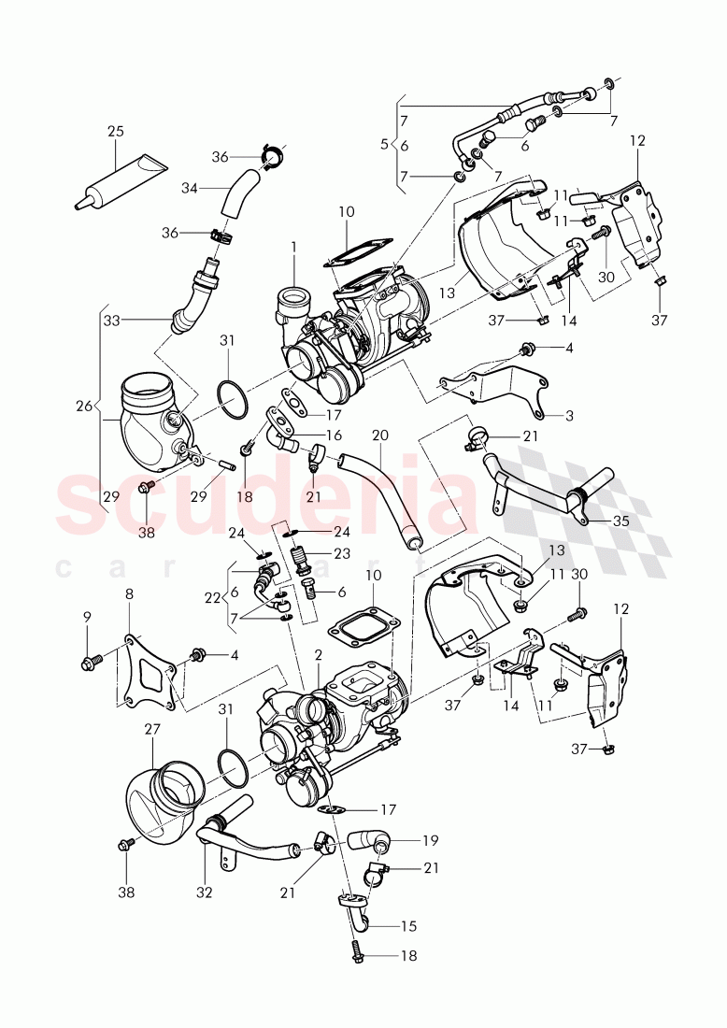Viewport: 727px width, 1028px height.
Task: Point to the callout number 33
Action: click(112, 319)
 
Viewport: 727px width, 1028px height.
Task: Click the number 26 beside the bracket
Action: click(85, 406)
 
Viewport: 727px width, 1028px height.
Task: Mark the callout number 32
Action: click(205, 892)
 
